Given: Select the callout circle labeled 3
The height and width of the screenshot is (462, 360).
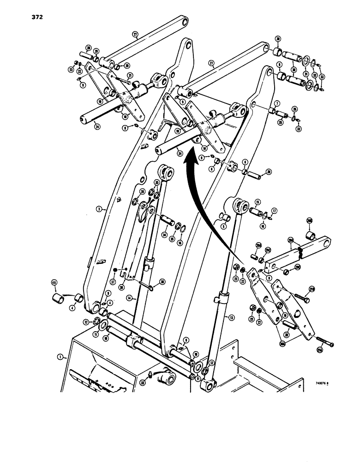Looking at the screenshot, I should point(99,209).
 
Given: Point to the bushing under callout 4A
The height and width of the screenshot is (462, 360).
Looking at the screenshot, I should point(57,297).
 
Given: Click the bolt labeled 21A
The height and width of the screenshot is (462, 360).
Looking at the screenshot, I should point(326,344).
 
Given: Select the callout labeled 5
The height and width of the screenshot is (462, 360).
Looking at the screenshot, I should point(224,226).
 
